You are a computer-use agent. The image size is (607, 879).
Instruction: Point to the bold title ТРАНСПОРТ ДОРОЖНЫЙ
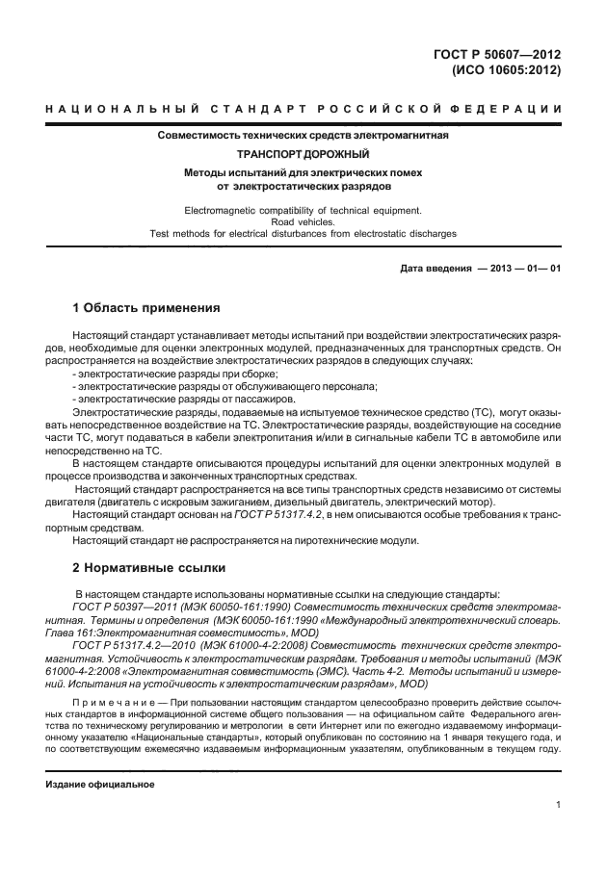(303, 153)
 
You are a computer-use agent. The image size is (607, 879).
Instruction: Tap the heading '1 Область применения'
(148, 309)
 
